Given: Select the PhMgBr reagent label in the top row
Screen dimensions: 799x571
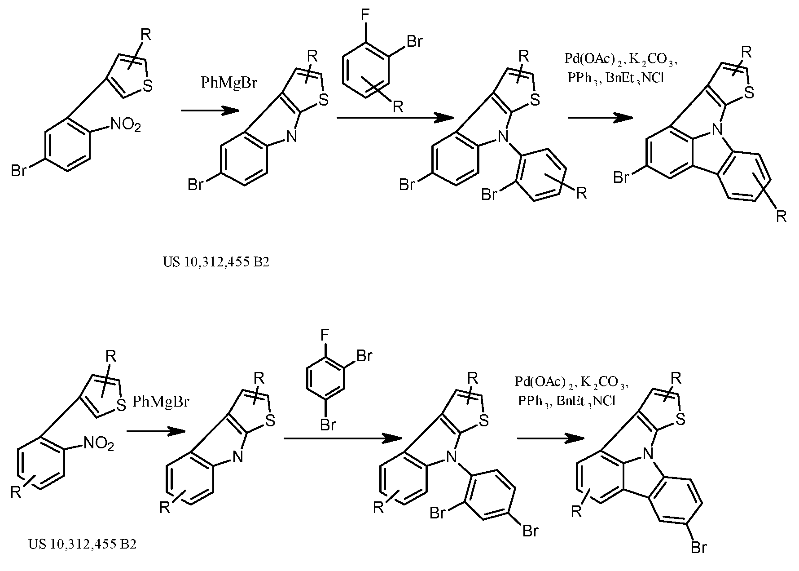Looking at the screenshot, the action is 228,83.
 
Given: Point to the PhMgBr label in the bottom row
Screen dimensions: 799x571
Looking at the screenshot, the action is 161,401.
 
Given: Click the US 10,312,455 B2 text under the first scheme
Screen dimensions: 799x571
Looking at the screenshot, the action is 216,262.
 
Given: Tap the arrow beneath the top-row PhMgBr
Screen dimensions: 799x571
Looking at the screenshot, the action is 209,111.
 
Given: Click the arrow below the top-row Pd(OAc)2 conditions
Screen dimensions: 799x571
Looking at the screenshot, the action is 600,118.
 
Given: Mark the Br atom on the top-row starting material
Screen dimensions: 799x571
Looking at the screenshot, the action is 19,171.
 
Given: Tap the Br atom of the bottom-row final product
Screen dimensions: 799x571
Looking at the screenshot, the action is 699,548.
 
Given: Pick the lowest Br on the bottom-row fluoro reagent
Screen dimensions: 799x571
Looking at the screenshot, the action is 328,425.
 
